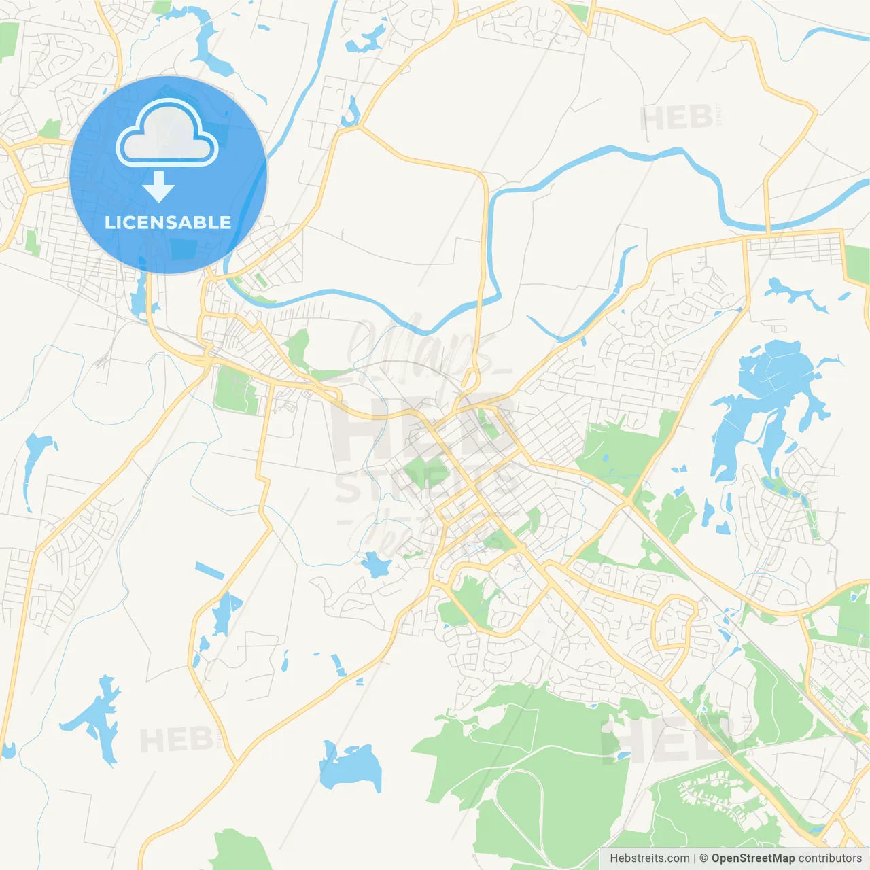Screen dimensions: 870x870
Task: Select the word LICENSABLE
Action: [x=168, y=222]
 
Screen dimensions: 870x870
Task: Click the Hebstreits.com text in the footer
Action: [x=649, y=858]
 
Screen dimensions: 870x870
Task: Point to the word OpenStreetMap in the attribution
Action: [x=752, y=858]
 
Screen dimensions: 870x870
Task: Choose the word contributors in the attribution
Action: [x=830, y=858]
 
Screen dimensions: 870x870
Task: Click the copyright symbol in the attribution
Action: [x=703, y=858]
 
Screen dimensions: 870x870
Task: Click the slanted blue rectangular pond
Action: [x=209, y=571]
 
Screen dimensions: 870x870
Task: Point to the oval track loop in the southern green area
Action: [x=520, y=802]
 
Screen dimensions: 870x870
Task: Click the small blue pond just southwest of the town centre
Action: [x=375, y=564]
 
